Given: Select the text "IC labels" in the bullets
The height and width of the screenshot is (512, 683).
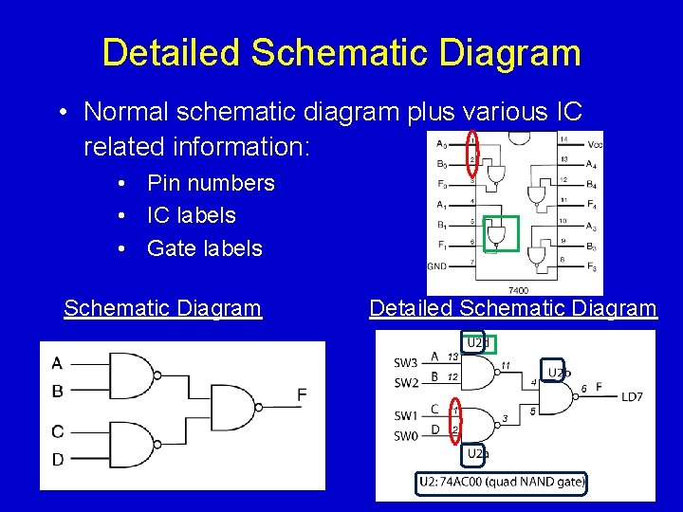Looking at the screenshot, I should coord(191,215).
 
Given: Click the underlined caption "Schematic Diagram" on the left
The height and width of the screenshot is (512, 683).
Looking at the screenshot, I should coord(162,308).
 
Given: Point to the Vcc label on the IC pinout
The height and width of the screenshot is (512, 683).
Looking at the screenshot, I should coord(596,144).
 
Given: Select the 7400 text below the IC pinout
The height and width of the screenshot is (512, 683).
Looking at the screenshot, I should coord(519,289).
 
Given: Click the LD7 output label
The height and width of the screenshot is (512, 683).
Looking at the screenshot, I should coord(632,396).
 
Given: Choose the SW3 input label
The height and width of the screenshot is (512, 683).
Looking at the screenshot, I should coord(406,363).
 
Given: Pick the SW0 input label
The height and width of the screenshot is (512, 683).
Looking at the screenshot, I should coord(406,436).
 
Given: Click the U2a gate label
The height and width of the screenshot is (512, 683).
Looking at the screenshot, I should coord(477,455).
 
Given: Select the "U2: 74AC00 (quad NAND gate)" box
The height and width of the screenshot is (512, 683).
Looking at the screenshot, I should coord(502,483).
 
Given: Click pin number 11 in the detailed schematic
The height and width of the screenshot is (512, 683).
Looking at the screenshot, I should coord(507,365).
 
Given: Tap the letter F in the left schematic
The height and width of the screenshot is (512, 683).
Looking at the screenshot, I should coord(302,394).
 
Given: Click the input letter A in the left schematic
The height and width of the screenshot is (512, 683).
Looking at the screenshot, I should coord(58,362).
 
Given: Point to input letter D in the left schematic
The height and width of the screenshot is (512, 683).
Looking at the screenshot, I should coord(58,460).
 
